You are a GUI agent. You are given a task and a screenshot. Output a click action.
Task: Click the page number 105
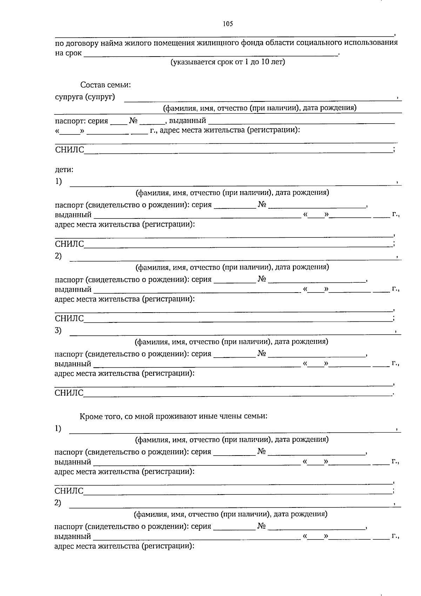228,24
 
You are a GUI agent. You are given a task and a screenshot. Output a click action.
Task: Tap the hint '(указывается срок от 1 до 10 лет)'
227,63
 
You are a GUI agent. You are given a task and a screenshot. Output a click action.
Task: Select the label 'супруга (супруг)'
85,97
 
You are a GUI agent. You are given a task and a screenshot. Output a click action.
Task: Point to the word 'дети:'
64,170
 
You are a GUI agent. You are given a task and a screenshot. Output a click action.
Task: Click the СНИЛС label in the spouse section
69,150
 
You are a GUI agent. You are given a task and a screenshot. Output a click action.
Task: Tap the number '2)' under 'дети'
58,256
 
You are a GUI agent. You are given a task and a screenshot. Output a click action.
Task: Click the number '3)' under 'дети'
58,330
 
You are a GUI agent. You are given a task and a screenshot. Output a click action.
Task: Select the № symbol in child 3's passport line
262,353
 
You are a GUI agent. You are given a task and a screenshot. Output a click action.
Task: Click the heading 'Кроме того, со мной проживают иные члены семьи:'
173,417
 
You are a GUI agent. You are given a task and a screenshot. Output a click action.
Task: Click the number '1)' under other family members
58,428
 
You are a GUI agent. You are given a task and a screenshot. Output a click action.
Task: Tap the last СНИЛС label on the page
69,491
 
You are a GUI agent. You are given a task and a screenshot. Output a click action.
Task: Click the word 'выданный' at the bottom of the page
73,536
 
